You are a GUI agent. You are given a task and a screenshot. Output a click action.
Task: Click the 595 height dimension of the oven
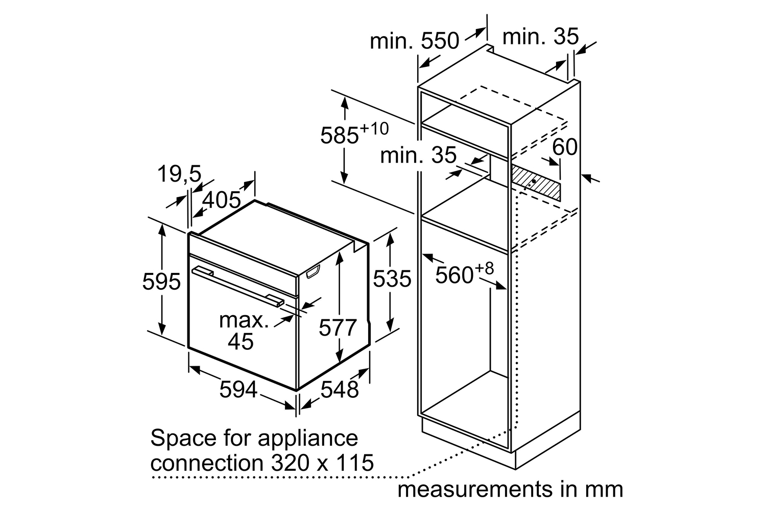click(x=161, y=282)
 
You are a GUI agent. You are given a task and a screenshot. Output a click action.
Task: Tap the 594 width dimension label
click(x=238, y=389)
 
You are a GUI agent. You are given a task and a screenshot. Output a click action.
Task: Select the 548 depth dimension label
click(x=340, y=389)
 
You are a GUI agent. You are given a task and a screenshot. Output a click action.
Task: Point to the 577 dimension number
click(x=338, y=327)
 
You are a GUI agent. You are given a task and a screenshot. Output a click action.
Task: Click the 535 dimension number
click(x=392, y=278)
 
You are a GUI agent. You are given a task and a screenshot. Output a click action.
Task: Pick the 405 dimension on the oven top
click(x=222, y=200)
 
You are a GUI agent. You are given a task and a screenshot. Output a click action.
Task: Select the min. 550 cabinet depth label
click(x=415, y=41)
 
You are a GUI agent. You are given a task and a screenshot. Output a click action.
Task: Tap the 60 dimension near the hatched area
click(x=565, y=147)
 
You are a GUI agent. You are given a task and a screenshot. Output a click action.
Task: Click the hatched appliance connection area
click(x=536, y=182)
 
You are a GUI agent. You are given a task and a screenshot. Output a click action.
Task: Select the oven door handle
click(x=238, y=287)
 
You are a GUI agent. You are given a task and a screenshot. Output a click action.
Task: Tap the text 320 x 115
click(x=322, y=463)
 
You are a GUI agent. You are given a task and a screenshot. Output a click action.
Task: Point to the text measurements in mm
click(x=510, y=490)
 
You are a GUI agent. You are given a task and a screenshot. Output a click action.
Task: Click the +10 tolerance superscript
click(x=374, y=129)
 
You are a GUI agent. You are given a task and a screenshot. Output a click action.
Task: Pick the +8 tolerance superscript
click(x=484, y=268)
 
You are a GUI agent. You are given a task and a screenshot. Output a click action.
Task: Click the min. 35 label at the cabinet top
click(x=540, y=37)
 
